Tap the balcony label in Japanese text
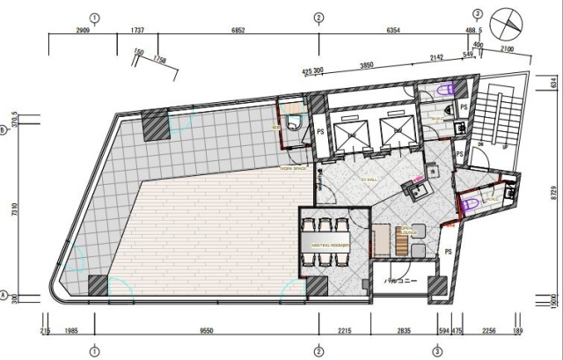pos(400,281)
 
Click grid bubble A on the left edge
pos(5,294)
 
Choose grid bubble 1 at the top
pos(94,17)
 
